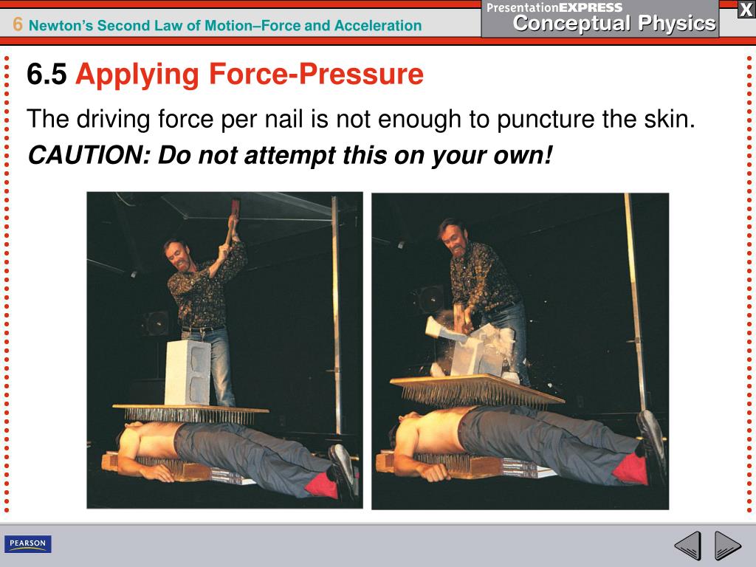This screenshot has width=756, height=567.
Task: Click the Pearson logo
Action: (28, 543)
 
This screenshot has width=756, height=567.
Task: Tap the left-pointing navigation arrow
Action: (688, 546)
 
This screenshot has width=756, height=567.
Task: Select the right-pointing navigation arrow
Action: (727, 546)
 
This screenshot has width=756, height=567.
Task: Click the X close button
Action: (746, 9)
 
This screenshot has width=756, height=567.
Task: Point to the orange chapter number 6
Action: (18, 24)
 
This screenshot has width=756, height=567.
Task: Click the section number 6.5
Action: (47, 75)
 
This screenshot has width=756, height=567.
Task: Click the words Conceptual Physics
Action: (614, 23)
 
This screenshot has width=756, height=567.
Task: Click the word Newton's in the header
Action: (61, 25)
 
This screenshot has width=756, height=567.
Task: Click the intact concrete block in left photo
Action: (188, 372)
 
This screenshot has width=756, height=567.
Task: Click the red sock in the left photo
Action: (322, 485)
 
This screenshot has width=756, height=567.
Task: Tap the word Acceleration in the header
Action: (378, 25)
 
